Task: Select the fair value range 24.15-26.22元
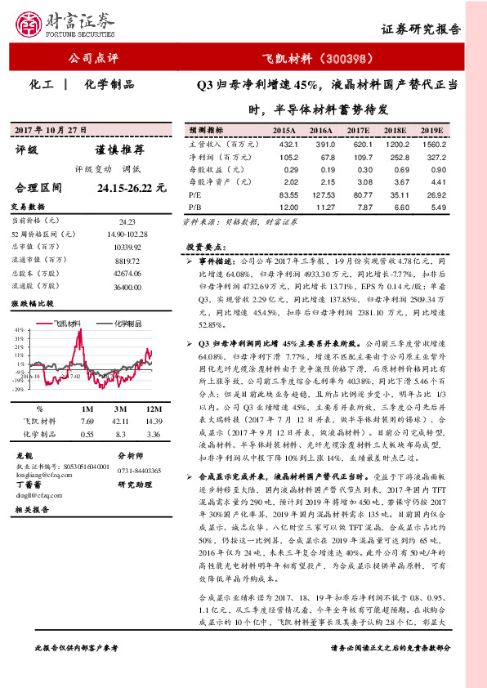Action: coord(131,188)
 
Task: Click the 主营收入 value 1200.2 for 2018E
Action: coord(395,144)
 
